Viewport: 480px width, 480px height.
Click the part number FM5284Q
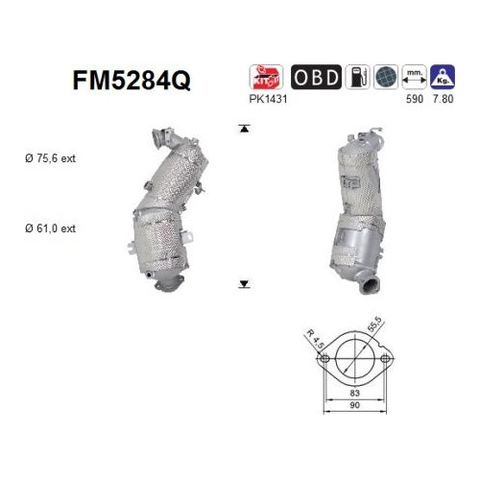coord(132,81)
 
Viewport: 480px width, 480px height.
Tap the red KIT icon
coord(266,77)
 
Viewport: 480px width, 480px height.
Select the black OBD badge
coord(316,77)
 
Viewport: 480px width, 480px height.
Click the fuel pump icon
coord(358,77)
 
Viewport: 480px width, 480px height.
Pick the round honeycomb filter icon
coord(386,77)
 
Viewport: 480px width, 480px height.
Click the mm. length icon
coord(415,77)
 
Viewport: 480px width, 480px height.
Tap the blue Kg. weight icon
coord(443,77)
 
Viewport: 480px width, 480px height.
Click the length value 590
coord(415,99)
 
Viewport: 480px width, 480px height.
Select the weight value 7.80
coord(443,99)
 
